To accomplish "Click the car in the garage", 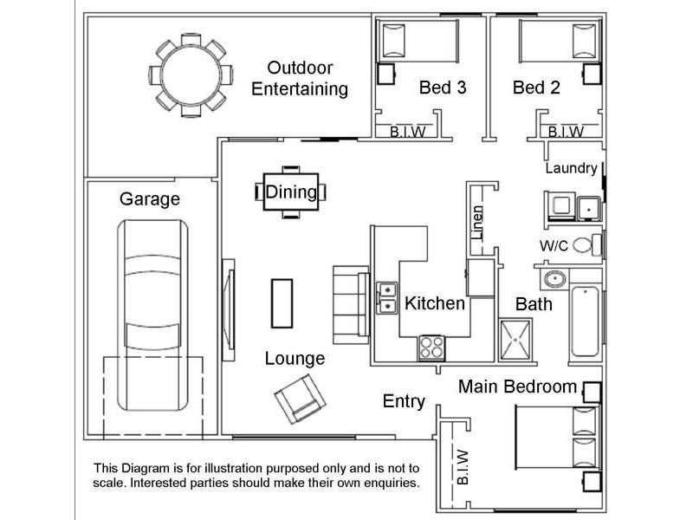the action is (x=152, y=315).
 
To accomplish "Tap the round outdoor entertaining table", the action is (x=191, y=75).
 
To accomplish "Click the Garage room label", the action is (x=150, y=199).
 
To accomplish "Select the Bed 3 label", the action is (x=443, y=88).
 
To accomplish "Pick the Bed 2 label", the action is (x=536, y=88).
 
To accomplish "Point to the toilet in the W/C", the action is (x=587, y=245).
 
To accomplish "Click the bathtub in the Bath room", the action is (x=586, y=321).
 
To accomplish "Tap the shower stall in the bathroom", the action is (x=515, y=341).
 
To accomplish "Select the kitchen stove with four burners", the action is (x=431, y=348).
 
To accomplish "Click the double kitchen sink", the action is (x=386, y=297).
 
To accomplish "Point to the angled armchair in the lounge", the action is (x=300, y=399).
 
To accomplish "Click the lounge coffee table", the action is (x=282, y=303).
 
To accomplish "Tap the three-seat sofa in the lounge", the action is (x=351, y=305).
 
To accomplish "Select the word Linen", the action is (x=477, y=223).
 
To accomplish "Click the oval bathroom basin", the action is (x=555, y=279).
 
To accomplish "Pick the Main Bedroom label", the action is (x=517, y=387).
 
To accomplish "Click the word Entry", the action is (x=404, y=401).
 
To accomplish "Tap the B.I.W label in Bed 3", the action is (x=407, y=132).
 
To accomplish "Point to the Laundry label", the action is (x=571, y=168).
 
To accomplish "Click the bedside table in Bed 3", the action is (x=385, y=74).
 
